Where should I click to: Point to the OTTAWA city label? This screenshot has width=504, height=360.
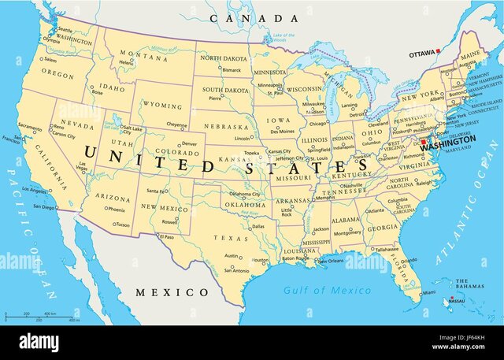pos(422,54)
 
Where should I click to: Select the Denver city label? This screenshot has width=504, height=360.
pos(189,144)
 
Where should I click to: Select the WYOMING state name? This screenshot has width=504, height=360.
pos(161,106)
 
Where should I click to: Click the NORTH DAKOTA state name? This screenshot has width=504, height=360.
pos(223,58)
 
